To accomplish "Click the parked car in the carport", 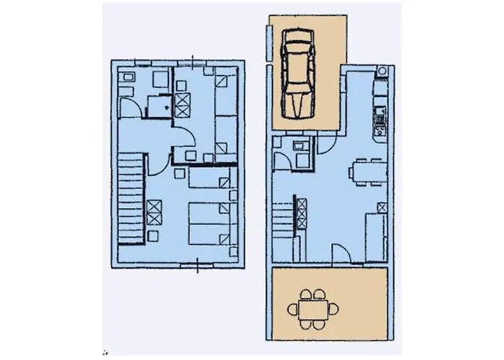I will pos(297,73).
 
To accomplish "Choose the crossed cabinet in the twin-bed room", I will pos(182,104).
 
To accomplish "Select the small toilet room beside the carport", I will pos(297,153).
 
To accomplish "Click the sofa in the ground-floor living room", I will pos(374,234).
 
